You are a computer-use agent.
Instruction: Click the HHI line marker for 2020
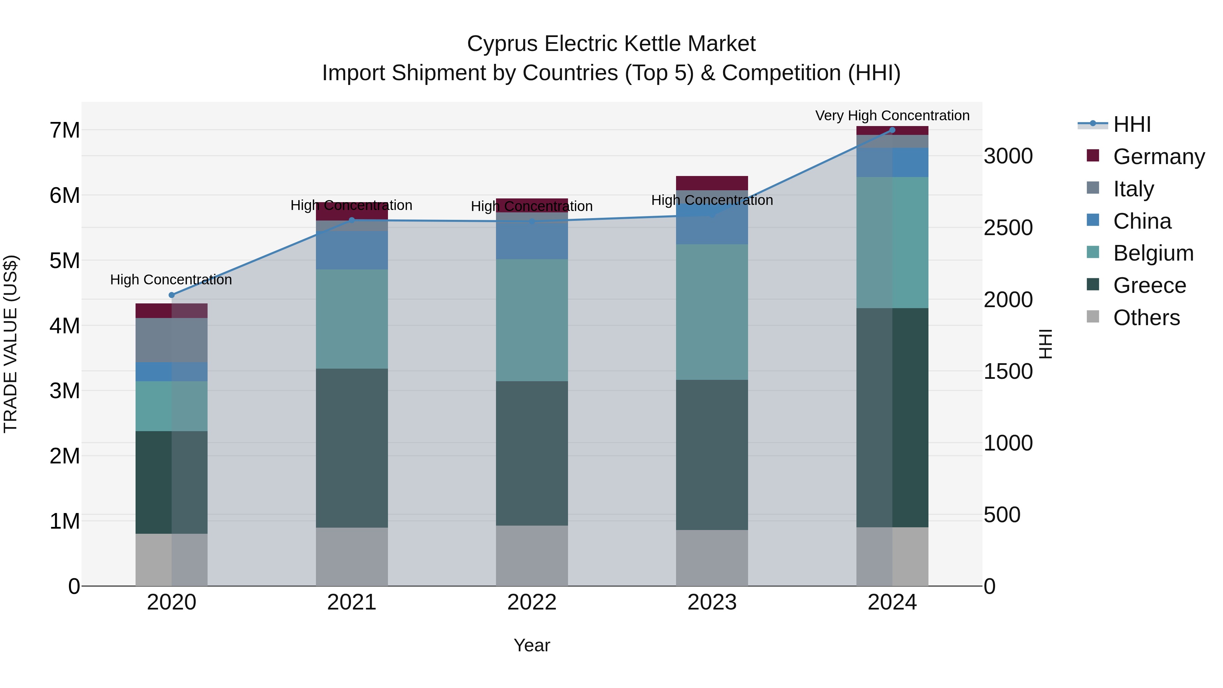click(x=172, y=295)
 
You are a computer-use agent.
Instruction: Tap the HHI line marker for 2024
click(x=892, y=130)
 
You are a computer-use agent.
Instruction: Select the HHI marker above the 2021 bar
click(x=352, y=220)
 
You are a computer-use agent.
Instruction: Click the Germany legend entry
click(x=1158, y=157)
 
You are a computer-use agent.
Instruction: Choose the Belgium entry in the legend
click(x=1153, y=253)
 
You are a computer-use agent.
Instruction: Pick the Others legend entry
click(x=1146, y=318)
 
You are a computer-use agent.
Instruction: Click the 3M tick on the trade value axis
click(x=65, y=391)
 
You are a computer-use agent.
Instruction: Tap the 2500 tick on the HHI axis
click(x=1008, y=228)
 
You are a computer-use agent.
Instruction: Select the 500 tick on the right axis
click(x=1002, y=515)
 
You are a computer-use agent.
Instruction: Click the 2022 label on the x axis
click(x=532, y=602)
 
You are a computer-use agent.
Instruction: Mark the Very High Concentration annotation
click(x=892, y=116)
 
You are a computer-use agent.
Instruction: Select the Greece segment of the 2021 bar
click(x=352, y=448)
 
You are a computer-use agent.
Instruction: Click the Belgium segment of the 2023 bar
click(x=712, y=312)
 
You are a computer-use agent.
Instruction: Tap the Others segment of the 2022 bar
click(x=532, y=555)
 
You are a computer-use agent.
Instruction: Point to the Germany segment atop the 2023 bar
click(x=712, y=183)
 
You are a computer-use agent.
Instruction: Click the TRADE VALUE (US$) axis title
click(x=11, y=344)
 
